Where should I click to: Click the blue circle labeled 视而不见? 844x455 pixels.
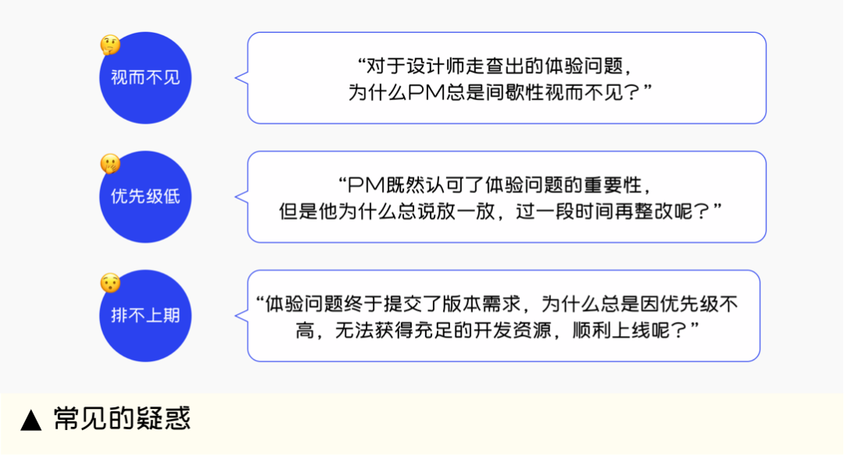click(x=145, y=78)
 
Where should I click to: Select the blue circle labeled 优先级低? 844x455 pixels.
click(x=145, y=197)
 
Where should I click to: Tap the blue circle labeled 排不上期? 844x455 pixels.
click(x=145, y=317)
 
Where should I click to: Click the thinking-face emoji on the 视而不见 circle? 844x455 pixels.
click(x=110, y=45)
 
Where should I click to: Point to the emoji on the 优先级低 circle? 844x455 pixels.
click(x=110, y=164)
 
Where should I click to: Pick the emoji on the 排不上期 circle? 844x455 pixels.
click(x=110, y=283)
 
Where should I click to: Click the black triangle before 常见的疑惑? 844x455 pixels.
click(x=31, y=421)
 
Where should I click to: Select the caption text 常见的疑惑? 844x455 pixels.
click(x=122, y=420)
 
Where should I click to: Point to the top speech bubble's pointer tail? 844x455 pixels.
click(x=241, y=78)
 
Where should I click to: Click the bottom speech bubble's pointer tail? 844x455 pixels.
click(x=241, y=316)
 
